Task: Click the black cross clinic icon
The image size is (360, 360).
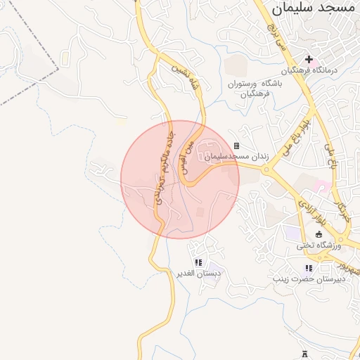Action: click(309, 59)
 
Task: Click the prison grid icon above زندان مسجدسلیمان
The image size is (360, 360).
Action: click(236, 146)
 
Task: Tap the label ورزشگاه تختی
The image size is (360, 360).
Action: click(319, 245)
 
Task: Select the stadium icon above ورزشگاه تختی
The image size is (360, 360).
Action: click(319, 234)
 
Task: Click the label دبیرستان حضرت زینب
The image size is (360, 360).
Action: click(308, 279)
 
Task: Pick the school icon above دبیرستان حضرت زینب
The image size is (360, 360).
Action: click(308, 268)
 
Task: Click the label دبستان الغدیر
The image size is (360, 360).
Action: click(198, 274)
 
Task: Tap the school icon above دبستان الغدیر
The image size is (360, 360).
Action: click(198, 262)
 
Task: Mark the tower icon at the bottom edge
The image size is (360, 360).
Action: click(304, 354)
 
